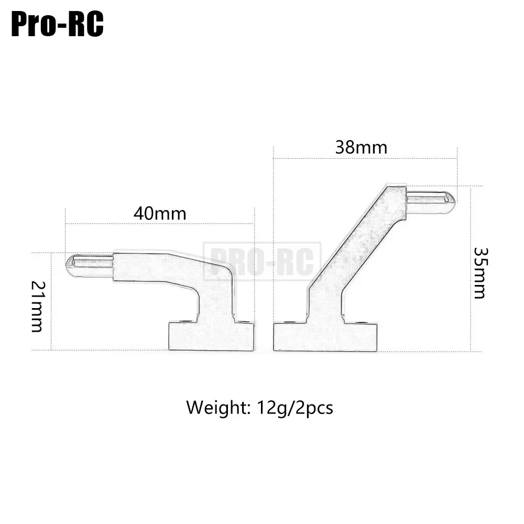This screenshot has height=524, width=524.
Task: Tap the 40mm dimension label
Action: click(160, 214)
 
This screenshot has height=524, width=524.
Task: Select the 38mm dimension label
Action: click(361, 148)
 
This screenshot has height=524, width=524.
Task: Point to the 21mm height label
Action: click(37, 307)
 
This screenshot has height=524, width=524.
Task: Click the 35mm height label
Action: click(480, 272)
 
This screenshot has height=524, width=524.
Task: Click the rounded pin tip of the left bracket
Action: click(71, 266)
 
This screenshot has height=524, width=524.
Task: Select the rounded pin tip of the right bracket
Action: click(449, 203)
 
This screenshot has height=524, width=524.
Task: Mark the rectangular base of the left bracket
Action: click(211, 336)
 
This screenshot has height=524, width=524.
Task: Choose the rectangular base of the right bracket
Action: click(325, 337)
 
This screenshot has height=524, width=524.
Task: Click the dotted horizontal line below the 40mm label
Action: click(160, 224)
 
